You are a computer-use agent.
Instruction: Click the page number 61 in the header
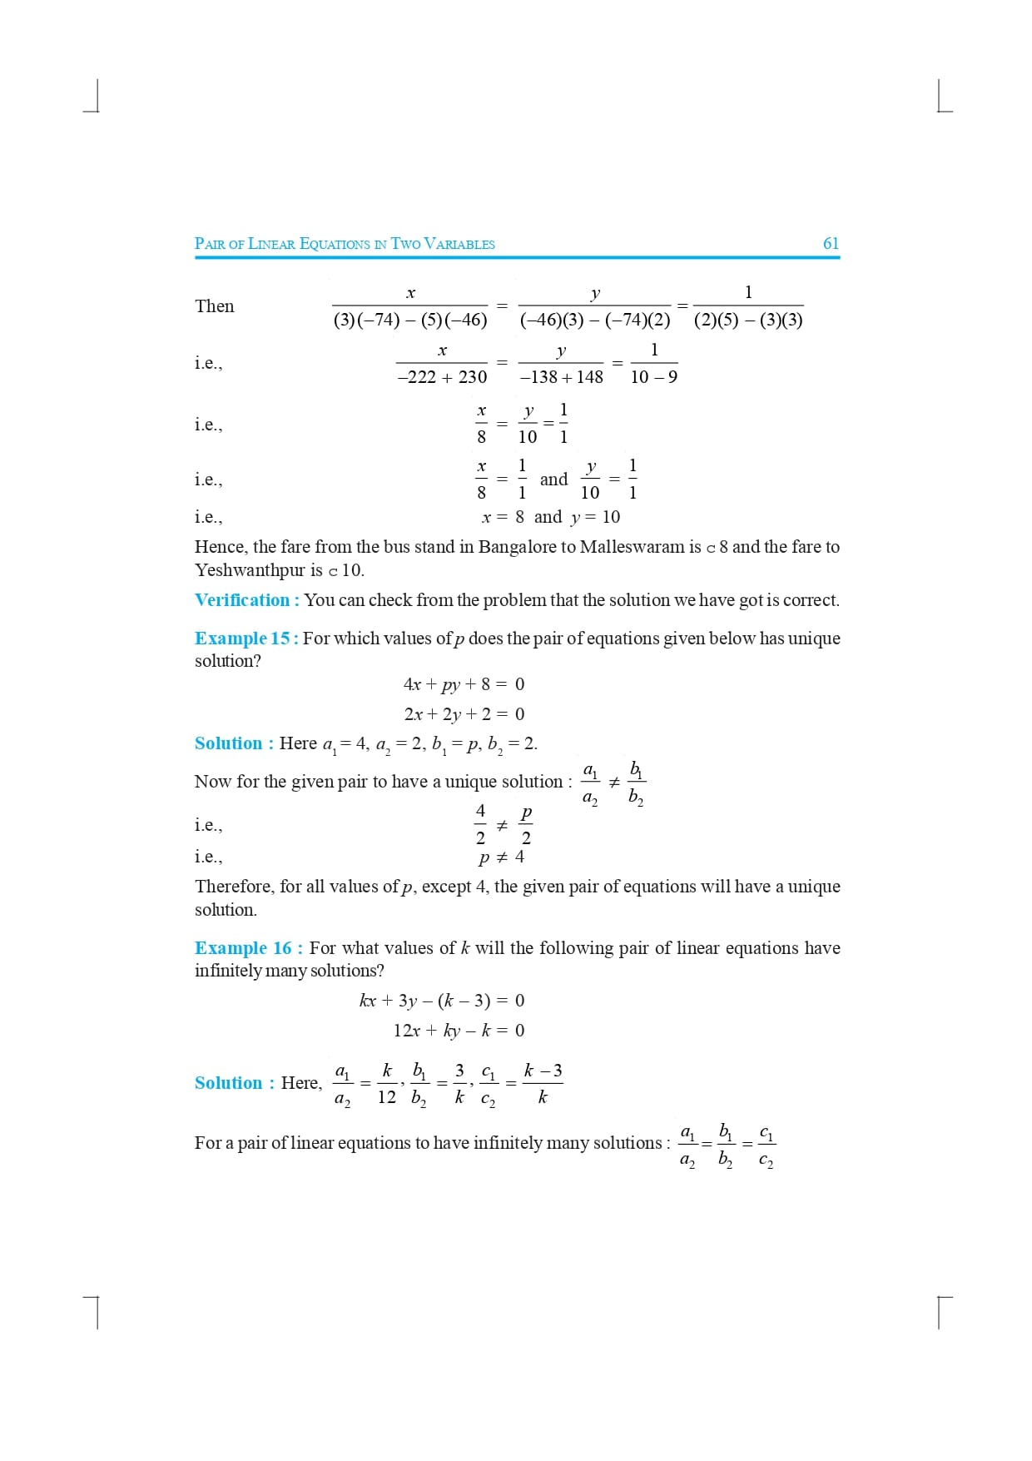click(831, 243)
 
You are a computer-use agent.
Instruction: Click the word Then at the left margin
click(215, 306)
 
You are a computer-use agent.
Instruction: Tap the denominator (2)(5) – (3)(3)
click(748, 321)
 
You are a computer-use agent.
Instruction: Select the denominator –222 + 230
click(442, 377)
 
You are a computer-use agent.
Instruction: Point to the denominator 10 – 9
click(653, 377)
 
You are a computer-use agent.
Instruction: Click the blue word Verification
click(242, 600)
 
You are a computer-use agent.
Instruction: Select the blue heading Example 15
click(242, 639)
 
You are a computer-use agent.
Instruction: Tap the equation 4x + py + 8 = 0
click(464, 684)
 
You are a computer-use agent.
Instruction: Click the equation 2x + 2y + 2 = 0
click(464, 714)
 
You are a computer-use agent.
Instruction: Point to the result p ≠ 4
click(501, 857)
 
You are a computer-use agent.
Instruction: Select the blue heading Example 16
click(243, 948)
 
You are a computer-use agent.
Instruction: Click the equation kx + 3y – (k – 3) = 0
click(442, 1001)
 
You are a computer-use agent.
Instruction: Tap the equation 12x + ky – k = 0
click(459, 1031)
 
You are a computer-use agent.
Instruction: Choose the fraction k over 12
click(387, 1083)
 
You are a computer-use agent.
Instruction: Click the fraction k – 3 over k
click(543, 1083)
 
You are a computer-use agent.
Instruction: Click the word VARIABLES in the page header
click(459, 244)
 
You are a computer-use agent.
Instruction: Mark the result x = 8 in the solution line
click(503, 517)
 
